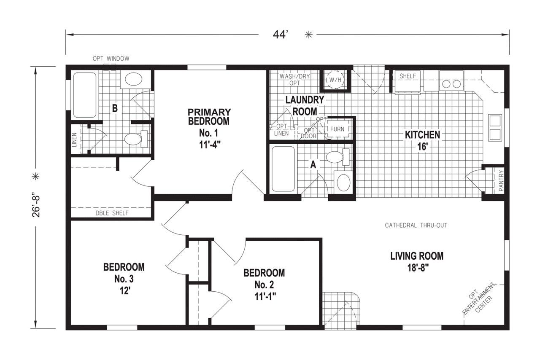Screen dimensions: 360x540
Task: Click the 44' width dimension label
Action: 280,35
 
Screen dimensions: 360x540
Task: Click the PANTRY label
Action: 501,181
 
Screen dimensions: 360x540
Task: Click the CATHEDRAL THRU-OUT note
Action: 416,226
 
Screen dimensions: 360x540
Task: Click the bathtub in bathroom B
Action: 84,95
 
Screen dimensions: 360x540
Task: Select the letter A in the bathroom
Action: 313,165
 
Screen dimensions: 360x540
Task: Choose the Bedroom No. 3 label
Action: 124,279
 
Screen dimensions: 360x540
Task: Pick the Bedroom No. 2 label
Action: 264,284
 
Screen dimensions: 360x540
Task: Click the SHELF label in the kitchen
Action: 407,76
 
